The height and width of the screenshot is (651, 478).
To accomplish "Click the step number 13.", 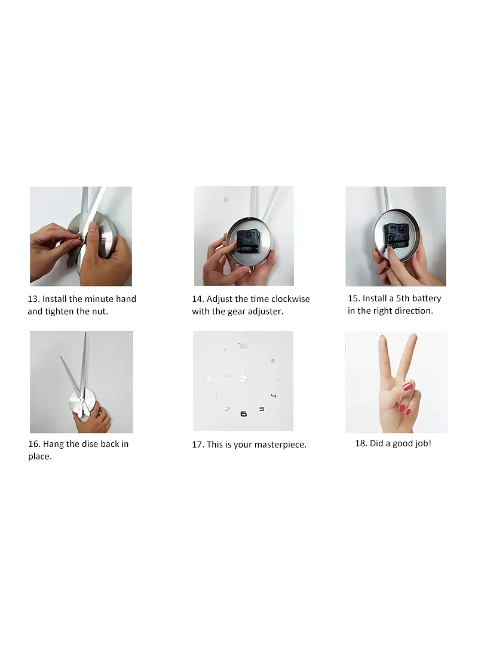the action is pos(33,299).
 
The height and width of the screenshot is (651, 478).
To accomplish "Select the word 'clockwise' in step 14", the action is pos(290,299).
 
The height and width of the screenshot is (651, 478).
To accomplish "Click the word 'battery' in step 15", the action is pos(427,298).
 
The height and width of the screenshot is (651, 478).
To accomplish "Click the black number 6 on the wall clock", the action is pos(244,414).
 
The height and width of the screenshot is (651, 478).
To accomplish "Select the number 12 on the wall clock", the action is pos(243,345).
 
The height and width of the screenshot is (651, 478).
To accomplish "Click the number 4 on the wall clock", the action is pos(274,395).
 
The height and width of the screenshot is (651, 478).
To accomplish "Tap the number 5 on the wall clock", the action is pos(262,409).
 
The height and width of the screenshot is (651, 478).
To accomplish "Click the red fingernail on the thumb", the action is pos(408,387).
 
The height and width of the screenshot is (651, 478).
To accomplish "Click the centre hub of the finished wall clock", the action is pos(243,378).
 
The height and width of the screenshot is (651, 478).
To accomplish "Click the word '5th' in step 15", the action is pos(403,298).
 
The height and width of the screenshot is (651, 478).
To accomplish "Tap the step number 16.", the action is pos(34,444).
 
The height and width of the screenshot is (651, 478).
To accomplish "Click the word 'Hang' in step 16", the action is pos(53,444).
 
